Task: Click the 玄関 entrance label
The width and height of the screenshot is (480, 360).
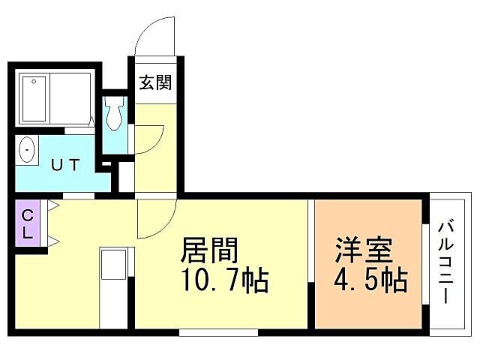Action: (x=155, y=82)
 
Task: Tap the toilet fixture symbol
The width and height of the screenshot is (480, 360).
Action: (x=114, y=114)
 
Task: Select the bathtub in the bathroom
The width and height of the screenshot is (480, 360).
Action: (x=34, y=100)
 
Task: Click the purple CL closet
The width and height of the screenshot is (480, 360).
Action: (x=27, y=223)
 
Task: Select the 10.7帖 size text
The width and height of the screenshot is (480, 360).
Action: (x=223, y=281)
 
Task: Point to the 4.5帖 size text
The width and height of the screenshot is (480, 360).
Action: (x=370, y=281)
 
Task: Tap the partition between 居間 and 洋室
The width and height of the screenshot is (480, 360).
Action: (x=311, y=262)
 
